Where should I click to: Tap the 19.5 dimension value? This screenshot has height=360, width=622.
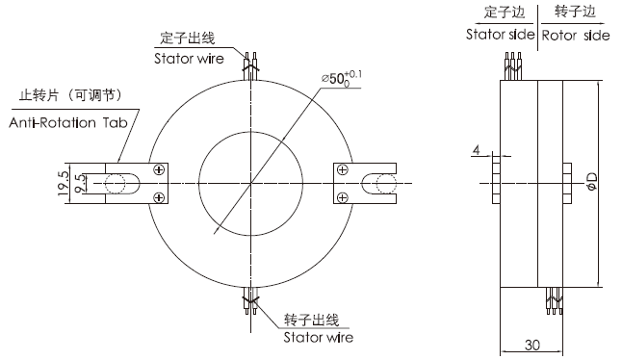tap(63, 184)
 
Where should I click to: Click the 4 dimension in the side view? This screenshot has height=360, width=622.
tap(477, 150)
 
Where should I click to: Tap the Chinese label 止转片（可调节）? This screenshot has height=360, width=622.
tap(72, 96)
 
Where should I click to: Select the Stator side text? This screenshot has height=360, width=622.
tap(500, 35)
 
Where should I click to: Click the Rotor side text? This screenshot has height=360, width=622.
tap(574, 35)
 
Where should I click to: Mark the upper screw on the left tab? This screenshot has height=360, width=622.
tap(158, 170)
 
